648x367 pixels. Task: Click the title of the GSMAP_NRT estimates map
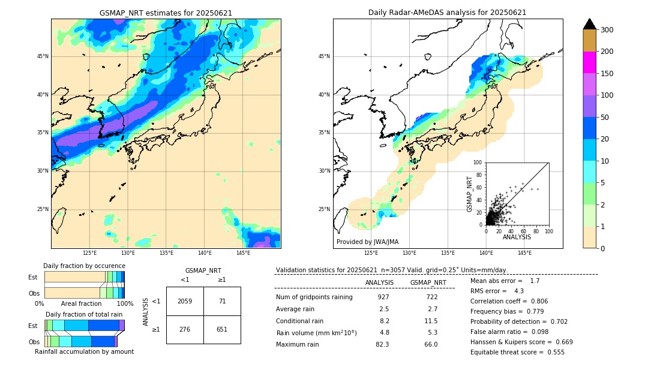tap(166, 13)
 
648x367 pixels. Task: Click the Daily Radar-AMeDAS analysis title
tap(447, 13)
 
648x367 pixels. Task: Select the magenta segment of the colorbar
tap(589, 62)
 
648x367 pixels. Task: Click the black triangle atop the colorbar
tap(589, 24)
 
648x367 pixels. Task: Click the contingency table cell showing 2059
tap(185, 301)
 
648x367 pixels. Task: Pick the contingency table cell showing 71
tap(222, 301)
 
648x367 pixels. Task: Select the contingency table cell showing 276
tap(185, 329)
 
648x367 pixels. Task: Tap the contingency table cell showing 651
tap(222, 329)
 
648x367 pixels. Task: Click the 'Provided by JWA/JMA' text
tap(367, 242)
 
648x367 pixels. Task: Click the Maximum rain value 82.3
tap(382, 344)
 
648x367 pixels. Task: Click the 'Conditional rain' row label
tap(299, 321)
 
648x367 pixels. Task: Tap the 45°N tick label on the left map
tap(43, 56)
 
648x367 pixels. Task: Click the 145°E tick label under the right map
tap(524, 253)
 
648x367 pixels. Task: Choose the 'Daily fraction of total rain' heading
tap(84, 314)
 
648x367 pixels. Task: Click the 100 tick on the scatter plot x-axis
tap(548, 231)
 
